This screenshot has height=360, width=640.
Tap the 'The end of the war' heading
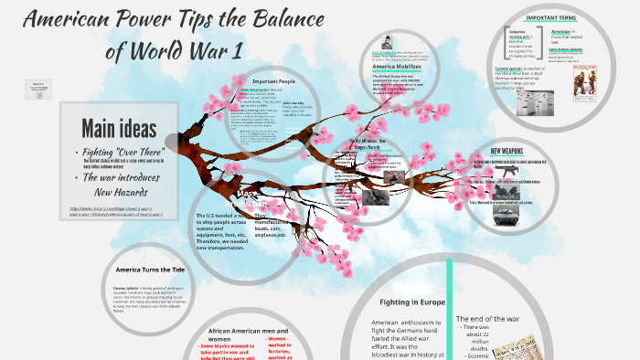click(x=487, y=318)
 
